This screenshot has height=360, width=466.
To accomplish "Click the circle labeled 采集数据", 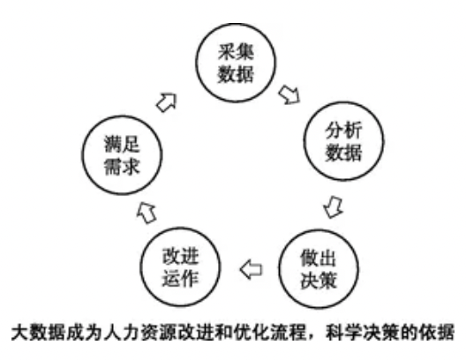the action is (x=196, y=63).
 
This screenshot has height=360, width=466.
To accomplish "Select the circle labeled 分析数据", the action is (x=304, y=141).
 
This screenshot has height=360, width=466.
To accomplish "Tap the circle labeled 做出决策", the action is (x=280, y=269).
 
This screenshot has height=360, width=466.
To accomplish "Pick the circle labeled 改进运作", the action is (x=141, y=266).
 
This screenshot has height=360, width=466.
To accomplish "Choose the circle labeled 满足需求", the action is (x=83, y=155).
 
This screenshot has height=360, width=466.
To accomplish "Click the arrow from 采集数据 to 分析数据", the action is (x=289, y=94).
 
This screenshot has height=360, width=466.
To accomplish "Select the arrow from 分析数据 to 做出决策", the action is (x=334, y=206).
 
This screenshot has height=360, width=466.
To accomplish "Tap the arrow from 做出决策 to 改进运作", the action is (x=252, y=269).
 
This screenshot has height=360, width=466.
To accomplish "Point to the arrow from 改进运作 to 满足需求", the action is (x=147, y=212).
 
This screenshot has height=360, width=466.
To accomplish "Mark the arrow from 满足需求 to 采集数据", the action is (x=167, y=102).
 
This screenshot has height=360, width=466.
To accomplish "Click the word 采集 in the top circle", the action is (x=236, y=52).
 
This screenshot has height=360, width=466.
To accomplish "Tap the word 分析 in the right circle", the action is (x=343, y=131).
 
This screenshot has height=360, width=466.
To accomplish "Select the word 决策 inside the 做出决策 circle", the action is (x=319, y=280).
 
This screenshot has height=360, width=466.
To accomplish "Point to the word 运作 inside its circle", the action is (x=180, y=278).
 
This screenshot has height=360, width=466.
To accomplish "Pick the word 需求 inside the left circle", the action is (x=122, y=166).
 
